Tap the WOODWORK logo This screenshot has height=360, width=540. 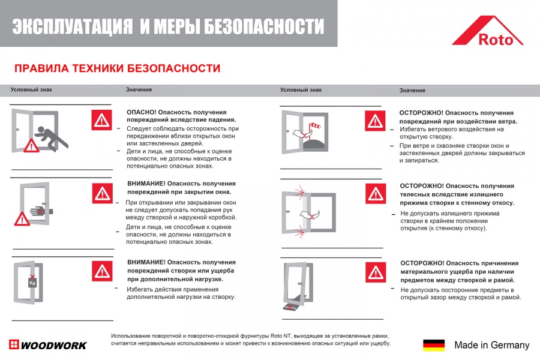coord(48,345)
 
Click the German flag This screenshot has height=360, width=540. coord(434,345)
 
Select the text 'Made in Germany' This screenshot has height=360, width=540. coord(491,345)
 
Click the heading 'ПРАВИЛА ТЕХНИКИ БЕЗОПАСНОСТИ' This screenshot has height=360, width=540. coord(117,68)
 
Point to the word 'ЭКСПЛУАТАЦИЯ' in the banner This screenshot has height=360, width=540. coord(72,26)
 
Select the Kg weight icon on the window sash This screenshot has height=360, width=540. coord(34,280)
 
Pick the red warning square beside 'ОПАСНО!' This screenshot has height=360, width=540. coord(102,120)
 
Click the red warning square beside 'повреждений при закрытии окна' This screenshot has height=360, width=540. coord(103,193)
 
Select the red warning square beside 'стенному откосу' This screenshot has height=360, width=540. coord(376,193)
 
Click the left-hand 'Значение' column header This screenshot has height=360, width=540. coord(139,90)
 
